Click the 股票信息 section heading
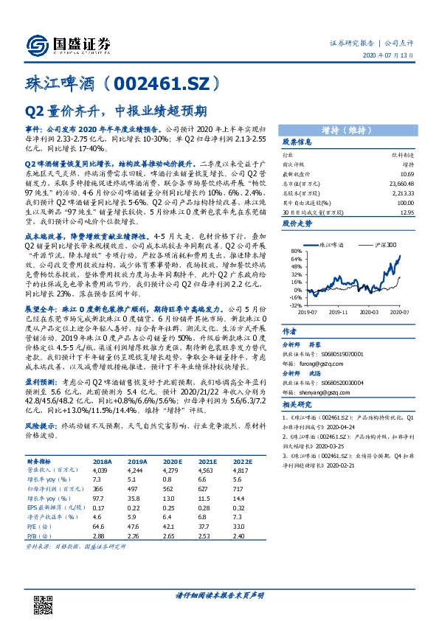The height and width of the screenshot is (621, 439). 297,142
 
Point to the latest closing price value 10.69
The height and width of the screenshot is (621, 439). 404,171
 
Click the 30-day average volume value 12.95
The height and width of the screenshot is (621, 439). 404,212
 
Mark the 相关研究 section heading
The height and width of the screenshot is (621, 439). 297,406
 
